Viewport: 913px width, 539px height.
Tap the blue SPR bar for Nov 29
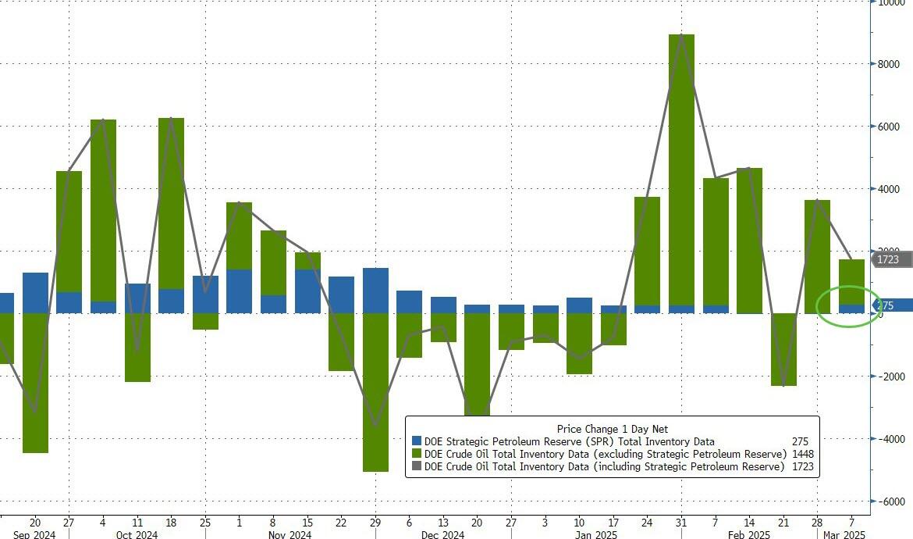[x=375, y=291]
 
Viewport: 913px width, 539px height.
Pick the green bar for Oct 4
[x=103, y=210]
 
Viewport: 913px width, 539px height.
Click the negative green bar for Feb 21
[x=783, y=349]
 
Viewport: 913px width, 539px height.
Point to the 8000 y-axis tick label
[x=888, y=64]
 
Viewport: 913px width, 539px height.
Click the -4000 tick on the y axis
[x=888, y=439]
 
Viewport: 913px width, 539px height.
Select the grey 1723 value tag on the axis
[x=892, y=259]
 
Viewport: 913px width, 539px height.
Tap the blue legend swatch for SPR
[x=416, y=441]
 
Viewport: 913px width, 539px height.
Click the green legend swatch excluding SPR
[x=416, y=454]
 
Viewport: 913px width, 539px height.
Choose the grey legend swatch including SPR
[x=416, y=466]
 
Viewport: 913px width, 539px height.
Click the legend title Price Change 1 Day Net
[x=612, y=429]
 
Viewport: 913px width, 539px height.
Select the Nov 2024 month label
[x=290, y=534]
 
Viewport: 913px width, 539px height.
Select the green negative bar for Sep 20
[x=35, y=383]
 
